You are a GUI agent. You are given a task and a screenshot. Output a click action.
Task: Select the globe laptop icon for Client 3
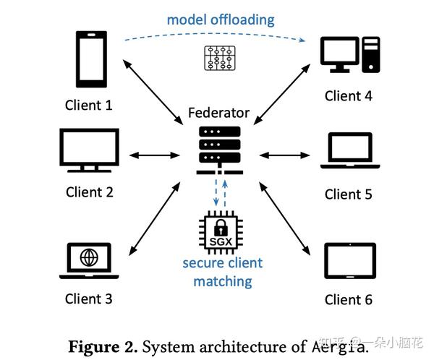coord(88,261)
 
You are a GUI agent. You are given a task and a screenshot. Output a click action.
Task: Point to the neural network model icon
coord(218,58)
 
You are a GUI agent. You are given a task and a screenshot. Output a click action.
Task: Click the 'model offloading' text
coord(221,20)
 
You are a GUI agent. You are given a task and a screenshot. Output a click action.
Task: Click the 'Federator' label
coord(218,113)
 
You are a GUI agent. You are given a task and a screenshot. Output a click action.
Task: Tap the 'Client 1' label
coord(89,105)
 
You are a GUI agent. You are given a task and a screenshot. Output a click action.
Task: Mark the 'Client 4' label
coord(349,96)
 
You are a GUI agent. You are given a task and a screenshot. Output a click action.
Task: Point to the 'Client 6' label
coord(349,299)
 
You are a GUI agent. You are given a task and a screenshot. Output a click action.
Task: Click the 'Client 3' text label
coord(89,299)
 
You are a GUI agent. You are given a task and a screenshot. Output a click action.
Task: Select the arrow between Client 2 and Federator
coord(153,154)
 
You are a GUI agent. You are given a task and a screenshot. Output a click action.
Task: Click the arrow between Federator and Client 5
coord(285,154)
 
